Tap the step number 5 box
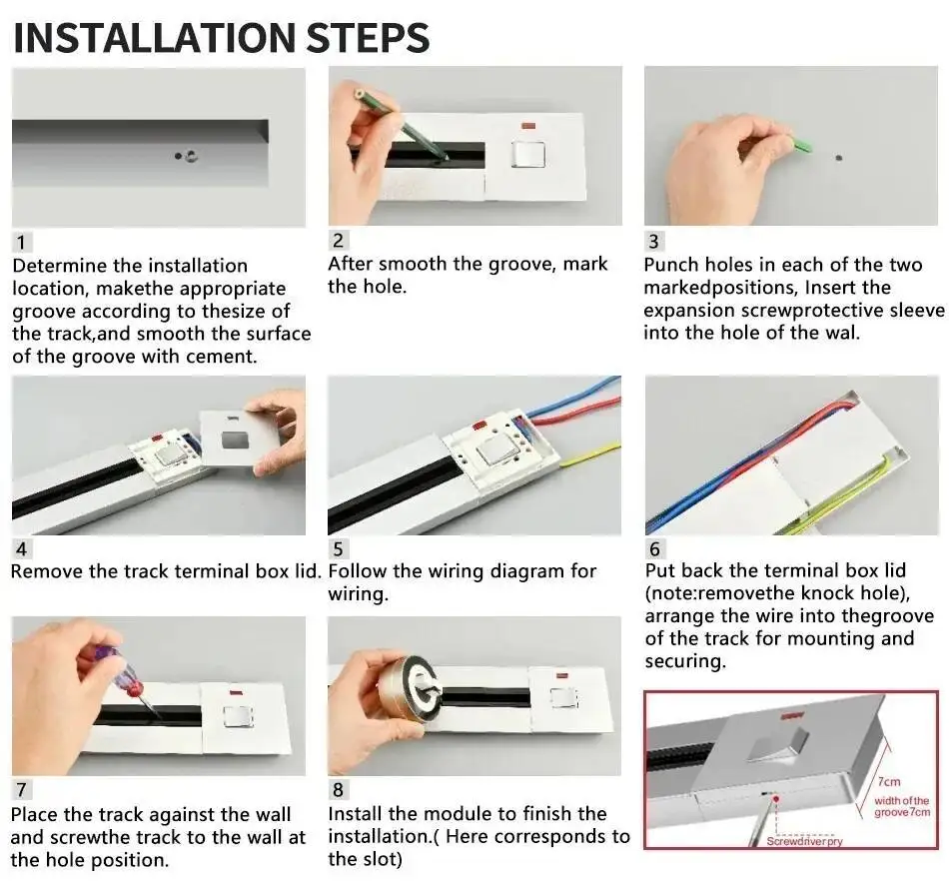coord(339,548)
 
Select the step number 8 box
coord(338,790)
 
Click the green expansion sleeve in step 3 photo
coord(800,146)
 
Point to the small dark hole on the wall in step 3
coord(837,157)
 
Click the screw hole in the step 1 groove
coord(189,155)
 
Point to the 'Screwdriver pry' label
coord(804,841)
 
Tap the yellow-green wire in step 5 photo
coord(589,458)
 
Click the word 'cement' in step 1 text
coord(222,357)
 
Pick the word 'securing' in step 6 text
coord(684,660)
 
